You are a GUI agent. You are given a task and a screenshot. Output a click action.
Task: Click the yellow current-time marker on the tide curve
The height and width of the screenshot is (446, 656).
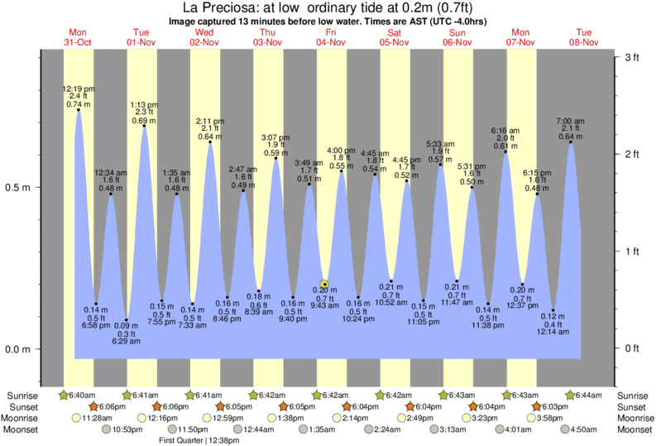[x=324, y=284]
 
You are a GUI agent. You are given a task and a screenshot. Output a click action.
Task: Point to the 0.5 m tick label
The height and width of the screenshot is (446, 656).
[x=19, y=187]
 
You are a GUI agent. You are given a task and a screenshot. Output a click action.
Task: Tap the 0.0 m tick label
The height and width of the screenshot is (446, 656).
[x=19, y=348]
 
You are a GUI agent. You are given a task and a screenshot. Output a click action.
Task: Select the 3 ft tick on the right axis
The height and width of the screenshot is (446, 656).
[x=630, y=57]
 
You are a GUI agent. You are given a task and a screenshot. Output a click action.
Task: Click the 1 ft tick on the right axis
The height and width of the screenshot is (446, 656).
[x=630, y=251]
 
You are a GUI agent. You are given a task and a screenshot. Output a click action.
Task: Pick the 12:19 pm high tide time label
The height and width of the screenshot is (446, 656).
[x=78, y=89]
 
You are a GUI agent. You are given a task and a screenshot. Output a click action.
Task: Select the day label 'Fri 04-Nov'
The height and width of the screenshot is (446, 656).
[x=331, y=36]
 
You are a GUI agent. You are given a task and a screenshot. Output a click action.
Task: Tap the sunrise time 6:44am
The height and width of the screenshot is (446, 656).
[x=587, y=395]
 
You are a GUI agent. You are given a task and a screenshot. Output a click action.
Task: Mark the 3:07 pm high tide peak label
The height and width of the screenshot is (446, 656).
[x=275, y=137]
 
